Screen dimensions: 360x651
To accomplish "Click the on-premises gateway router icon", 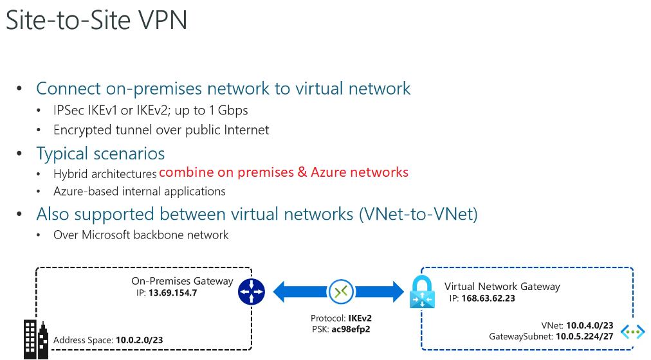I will pos(252,291).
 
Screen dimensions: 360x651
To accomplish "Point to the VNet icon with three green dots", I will pos(635,332).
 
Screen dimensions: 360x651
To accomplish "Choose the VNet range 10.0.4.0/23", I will pos(589,326).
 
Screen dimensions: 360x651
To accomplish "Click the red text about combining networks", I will pos(284,172).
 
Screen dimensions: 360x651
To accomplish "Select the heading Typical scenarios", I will pos(100,154).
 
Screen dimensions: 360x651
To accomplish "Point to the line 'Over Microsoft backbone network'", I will pos(141,235).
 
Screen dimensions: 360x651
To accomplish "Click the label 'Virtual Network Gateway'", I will pos(502,287).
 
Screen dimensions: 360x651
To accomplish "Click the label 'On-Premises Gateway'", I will pos(182,281).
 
